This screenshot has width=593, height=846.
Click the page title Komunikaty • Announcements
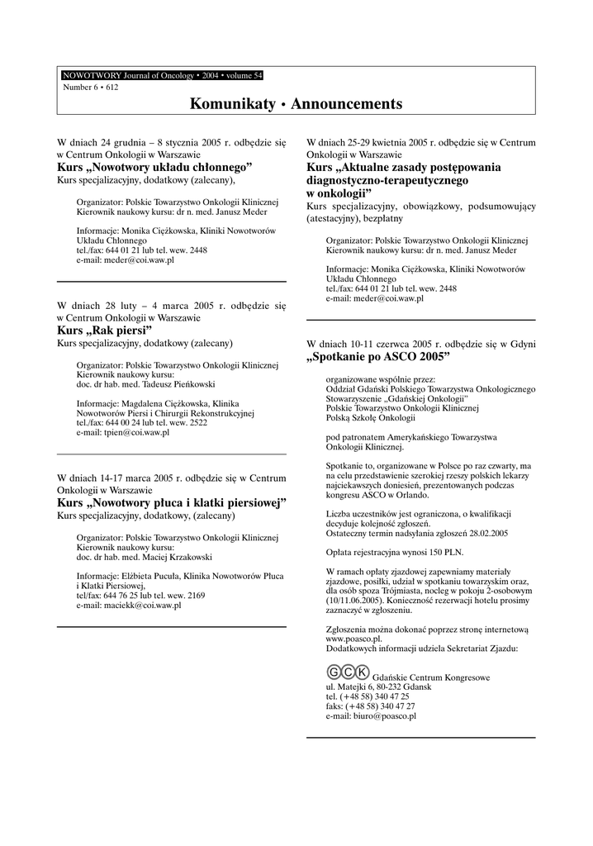pyautogui.click(x=296, y=104)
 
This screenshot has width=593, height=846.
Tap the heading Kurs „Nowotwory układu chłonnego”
pyautogui.click(x=154, y=166)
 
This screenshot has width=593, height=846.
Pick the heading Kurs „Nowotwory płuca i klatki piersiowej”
pyautogui.click(x=171, y=502)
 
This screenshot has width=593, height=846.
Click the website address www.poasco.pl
pyautogui.click(x=353, y=639)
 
